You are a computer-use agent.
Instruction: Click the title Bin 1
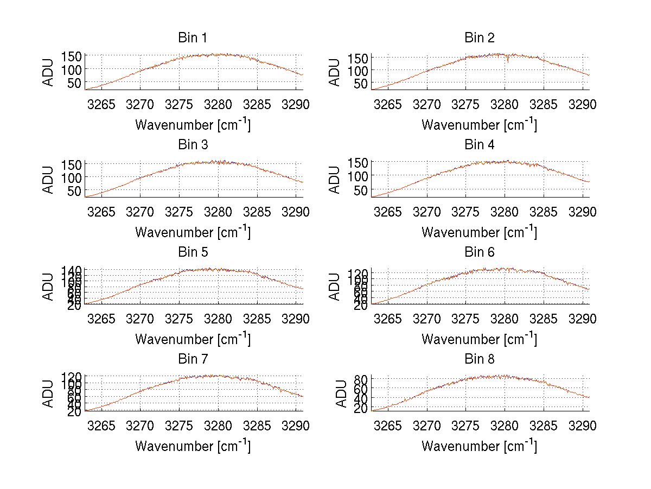192,38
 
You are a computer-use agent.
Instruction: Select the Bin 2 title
479,38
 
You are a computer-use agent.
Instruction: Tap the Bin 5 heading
192,252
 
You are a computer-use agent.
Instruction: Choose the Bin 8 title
479,359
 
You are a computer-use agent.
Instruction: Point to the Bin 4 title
479,145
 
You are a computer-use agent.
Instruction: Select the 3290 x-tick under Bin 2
583,105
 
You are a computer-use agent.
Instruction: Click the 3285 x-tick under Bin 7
257,426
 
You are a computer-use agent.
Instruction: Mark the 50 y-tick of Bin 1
74,83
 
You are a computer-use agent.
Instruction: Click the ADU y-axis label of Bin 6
335,287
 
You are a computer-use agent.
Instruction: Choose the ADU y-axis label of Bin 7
48,394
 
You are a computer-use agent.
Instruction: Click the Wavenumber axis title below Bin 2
479,125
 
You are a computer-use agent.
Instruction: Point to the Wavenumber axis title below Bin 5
193,339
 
